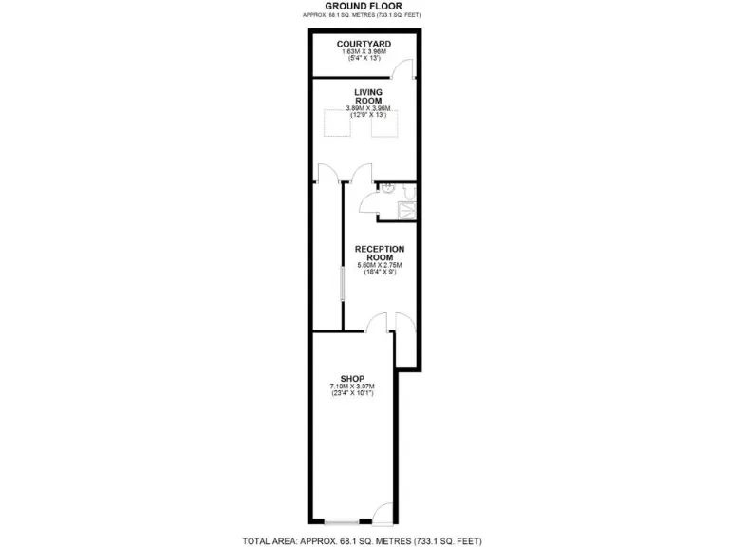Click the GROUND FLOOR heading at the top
tap(363, 6)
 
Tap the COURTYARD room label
tap(364, 44)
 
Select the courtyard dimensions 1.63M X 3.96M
tap(364, 53)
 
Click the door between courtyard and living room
tap(405, 69)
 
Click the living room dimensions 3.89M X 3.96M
tap(367, 109)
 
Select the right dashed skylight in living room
tap(384, 124)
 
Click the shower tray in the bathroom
tap(407, 212)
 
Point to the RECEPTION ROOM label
tap(380, 253)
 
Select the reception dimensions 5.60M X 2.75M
tap(380, 265)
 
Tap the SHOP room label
tap(352, 378)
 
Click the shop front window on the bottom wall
tap(341, 522)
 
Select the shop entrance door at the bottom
tap(380, 516)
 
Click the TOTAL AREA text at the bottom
tap(364, 540)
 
